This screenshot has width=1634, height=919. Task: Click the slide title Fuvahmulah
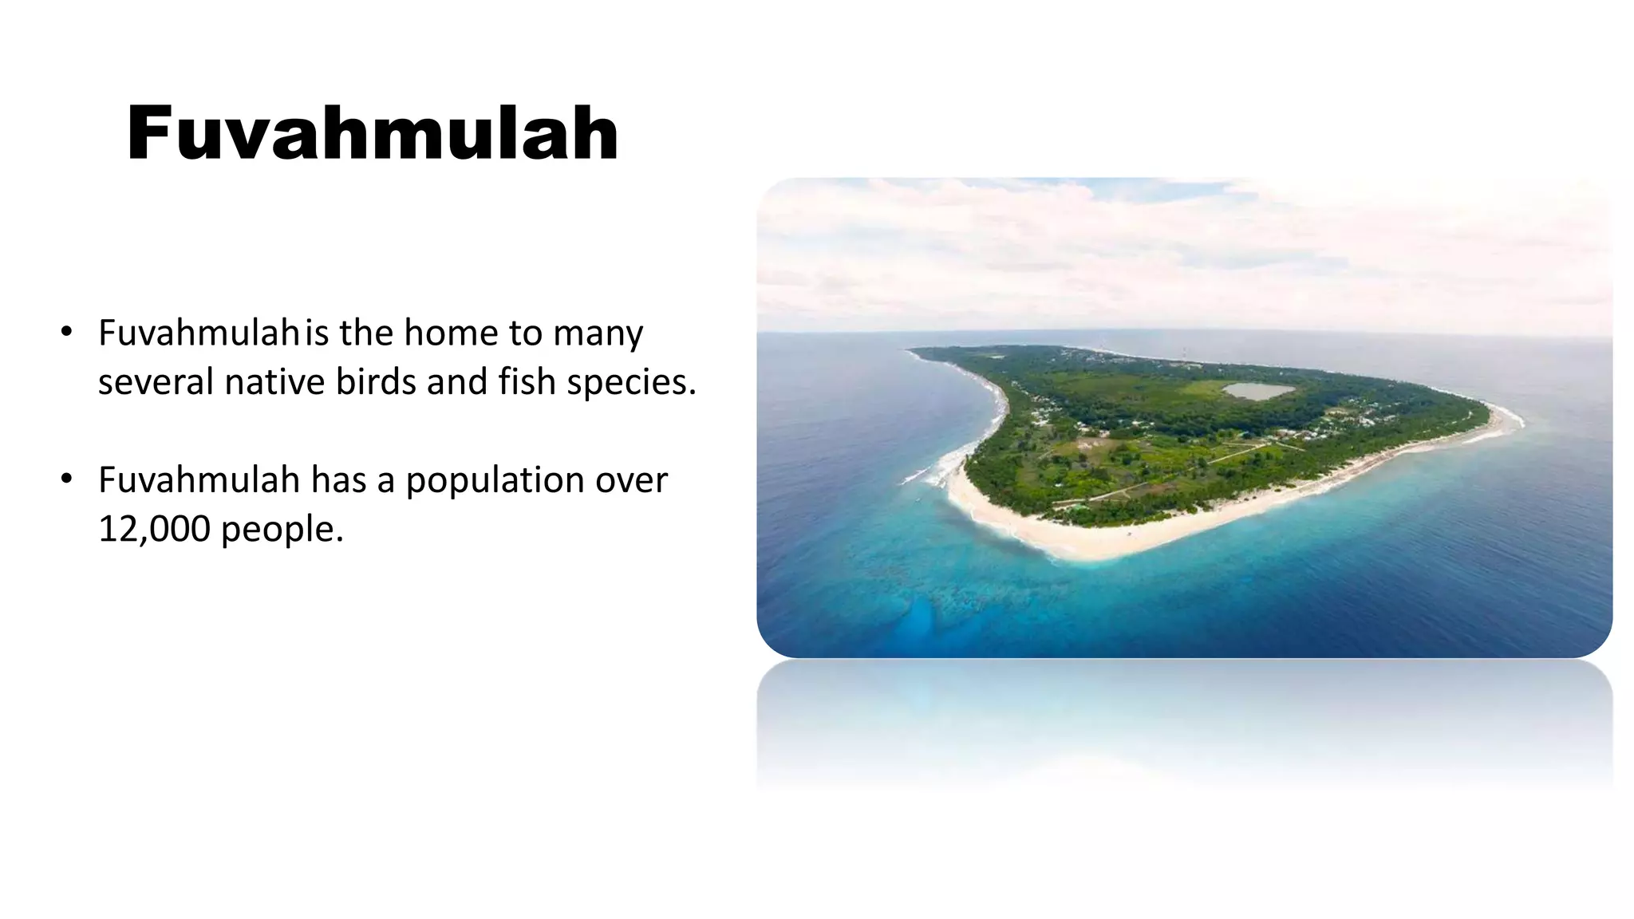[372, 133]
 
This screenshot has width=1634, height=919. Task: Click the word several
[156, 382]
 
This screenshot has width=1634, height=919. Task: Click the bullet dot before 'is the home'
[67, 332]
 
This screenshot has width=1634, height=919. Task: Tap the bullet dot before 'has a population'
[67, 479]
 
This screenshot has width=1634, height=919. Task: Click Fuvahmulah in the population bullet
[199, 479]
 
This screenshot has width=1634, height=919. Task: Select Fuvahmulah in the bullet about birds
[199, 333]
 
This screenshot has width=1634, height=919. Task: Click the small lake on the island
[1257, 391]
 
